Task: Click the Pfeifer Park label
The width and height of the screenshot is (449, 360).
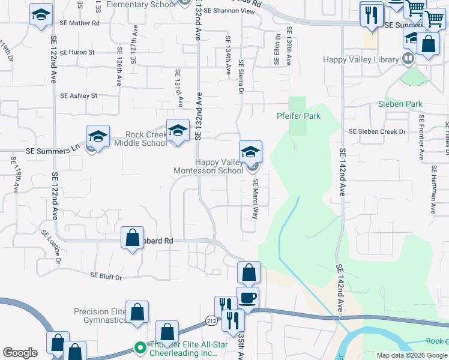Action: [298, 116]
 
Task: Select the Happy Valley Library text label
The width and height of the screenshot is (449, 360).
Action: [361, 59]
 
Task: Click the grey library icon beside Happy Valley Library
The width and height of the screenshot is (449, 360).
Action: [408, 59]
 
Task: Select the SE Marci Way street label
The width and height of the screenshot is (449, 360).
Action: [255, 199]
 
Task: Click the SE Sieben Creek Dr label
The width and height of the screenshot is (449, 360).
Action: [378, 131]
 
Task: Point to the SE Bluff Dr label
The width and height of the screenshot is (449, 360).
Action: [106, 277]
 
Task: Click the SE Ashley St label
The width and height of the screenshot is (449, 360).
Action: [79, 95]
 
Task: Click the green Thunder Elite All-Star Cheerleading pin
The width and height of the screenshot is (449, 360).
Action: [140, 347]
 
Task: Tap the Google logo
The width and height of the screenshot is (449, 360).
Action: [20, 353]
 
